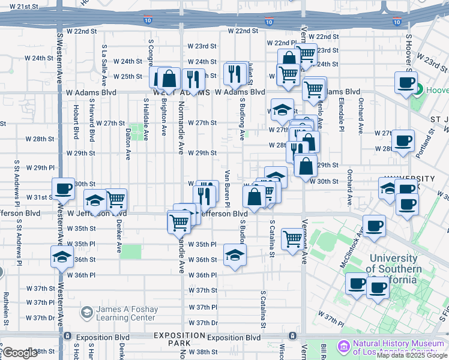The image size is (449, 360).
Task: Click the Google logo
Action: coord(20,353)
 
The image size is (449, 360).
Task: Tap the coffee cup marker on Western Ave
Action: coord(62,189)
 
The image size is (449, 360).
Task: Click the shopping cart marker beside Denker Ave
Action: coord(116,199)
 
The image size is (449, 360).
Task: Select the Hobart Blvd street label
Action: coord(76,122)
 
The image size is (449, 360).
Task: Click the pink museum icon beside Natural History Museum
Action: coord(344,346)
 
